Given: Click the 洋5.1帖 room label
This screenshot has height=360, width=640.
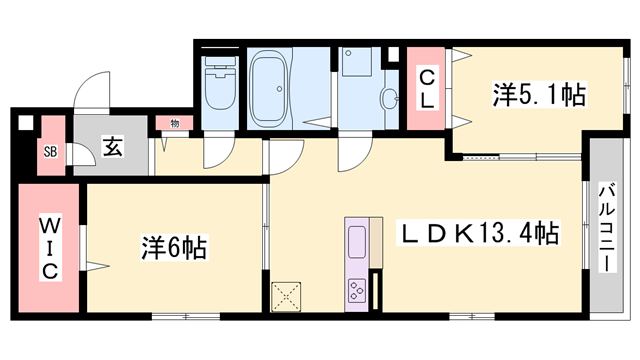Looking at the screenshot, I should [537, 96].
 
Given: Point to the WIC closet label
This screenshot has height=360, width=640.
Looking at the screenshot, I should [49, 248].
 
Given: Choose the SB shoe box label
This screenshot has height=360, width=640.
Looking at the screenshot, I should [49, 152].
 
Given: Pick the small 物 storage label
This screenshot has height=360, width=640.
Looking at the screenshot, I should [174, 124].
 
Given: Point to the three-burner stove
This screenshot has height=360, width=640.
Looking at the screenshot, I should [357, 289].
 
